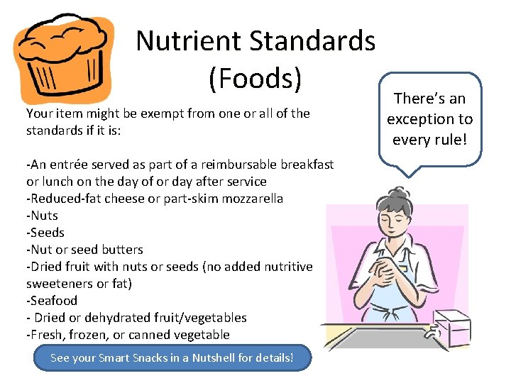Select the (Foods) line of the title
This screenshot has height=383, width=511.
255,79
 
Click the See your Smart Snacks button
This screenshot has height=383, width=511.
172,358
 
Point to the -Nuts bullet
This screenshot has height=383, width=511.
42,216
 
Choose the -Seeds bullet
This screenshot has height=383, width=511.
45,233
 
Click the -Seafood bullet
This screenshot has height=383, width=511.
51,301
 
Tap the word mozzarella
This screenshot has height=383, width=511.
249,199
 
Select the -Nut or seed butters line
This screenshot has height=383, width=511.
84,250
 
